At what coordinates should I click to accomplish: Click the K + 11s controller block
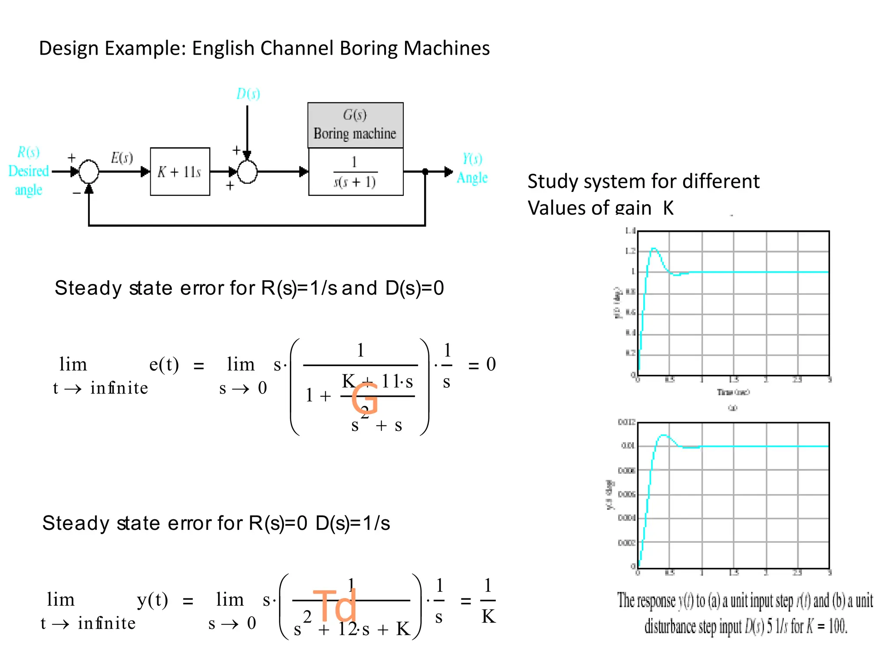point(180,172)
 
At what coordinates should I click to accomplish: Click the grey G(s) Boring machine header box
point(355,125)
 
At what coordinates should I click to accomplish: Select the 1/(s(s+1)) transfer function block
point(355,172)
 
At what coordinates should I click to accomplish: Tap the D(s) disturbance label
point(248,94)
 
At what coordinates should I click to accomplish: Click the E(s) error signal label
point(122,158)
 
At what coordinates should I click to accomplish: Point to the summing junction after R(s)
point(89,172)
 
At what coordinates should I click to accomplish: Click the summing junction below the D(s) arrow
point(247,172)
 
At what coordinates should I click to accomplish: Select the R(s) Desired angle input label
point(28,171)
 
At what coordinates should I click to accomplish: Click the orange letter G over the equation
point(364,399)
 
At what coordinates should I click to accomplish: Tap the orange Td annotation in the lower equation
point(335,605)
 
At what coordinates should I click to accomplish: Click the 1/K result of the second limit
point(488,601)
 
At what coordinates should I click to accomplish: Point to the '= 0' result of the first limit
point(482,364)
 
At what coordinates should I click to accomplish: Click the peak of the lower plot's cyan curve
point(663,435)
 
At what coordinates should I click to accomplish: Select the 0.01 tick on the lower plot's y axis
point(628,446)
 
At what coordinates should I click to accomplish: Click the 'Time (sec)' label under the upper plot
point(733,392)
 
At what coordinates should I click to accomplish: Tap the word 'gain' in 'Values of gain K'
point(633,208)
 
